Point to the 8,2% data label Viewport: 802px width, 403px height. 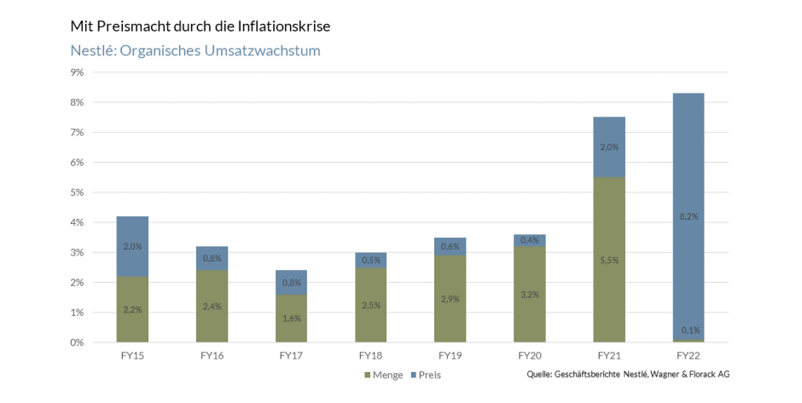[x=688, y=216]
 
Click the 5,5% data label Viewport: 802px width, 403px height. [x=609, y=260]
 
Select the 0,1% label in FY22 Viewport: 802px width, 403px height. [x=688, y=331]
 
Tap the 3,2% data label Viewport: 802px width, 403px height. [x=529, y=294]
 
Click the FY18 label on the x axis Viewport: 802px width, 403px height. [x=370, y=354]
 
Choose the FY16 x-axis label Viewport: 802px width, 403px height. [x=212, y=354]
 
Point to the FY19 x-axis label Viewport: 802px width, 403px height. [x=450, y=354]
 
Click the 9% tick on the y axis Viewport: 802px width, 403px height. [x=77, y=72]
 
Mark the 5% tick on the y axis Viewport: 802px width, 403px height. [x=77, y=193]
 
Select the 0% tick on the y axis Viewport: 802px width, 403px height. [x=77, y=343]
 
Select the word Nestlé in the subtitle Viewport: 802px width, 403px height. [x=91, y=51]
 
